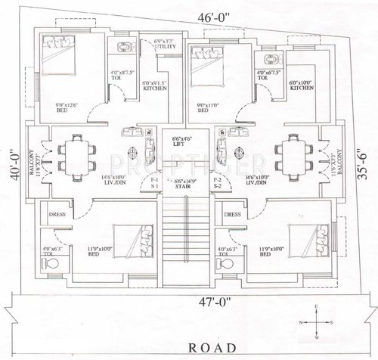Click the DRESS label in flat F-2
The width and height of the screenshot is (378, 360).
pyautogui.click(x=233, y=214)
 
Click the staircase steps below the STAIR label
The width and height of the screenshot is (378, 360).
pyautogui.click(x=183, y=234)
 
